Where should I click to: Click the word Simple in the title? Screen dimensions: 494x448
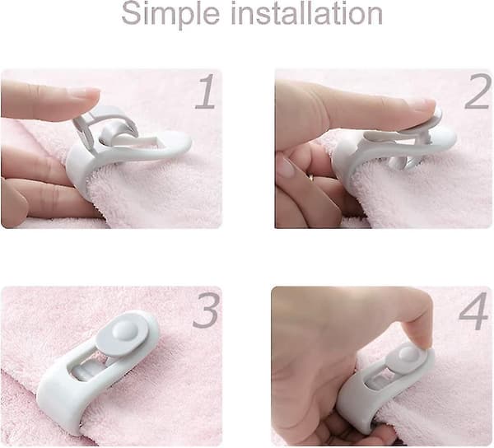click(x=170, y=15)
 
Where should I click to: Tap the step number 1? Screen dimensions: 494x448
click(x=205, y=91)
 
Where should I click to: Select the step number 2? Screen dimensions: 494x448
click(x=478, y=91)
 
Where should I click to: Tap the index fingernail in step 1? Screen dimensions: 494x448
click(x=85, y=94)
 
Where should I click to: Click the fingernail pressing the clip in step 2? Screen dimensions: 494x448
click(x=426, y=105)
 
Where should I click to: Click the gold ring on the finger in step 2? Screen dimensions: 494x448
click(x=311, y=177)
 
